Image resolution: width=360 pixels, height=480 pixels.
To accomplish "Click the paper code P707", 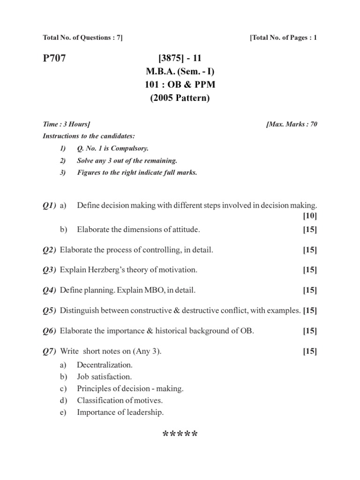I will (54, 59).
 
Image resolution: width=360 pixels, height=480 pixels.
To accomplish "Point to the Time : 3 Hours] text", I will (67, 124).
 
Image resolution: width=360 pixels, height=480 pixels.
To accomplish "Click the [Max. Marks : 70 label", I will (292, 124).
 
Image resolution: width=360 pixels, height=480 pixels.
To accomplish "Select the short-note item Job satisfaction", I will (105, 376).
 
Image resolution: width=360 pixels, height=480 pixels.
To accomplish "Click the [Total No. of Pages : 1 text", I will (284, 37).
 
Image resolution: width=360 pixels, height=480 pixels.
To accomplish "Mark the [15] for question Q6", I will (310, 331).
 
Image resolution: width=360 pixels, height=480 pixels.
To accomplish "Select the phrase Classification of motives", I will (120, 401).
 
